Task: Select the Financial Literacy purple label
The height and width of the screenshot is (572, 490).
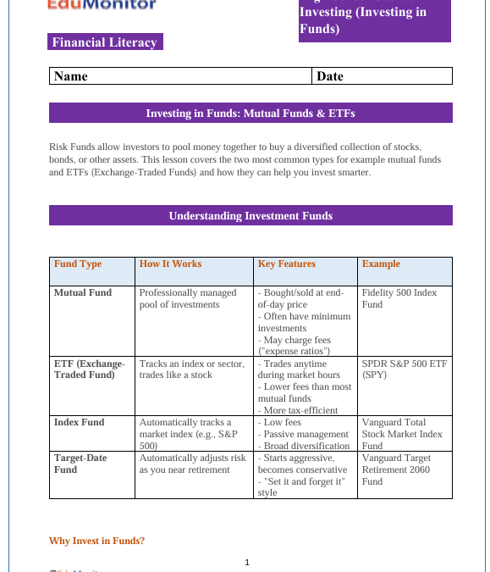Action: [x=105, y=42]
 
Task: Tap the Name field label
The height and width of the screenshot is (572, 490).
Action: [x=71, y=76]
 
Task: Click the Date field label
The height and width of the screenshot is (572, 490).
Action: [x=330, y=76]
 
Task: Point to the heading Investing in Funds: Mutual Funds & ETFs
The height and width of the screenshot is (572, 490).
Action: [x=251, y=113]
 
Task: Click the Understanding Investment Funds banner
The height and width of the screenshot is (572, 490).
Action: [x=251, y=215]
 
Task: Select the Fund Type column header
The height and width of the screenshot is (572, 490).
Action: [x=78, y=264]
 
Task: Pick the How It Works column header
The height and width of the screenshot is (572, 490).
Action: [x=170, y=264]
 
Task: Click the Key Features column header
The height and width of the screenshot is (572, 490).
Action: [x=286, y=264]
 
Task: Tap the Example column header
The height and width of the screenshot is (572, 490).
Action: [x=381, y=264]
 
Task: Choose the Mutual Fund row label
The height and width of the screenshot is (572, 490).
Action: [x=83, y=292]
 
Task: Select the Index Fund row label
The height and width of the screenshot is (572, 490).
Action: [x=79, y=422]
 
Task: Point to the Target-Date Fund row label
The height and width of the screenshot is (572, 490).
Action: [x=80, y=464]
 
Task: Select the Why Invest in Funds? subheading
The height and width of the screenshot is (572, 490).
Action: [x=96, y=541]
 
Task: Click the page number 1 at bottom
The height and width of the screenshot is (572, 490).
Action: [x=247, y=562]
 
